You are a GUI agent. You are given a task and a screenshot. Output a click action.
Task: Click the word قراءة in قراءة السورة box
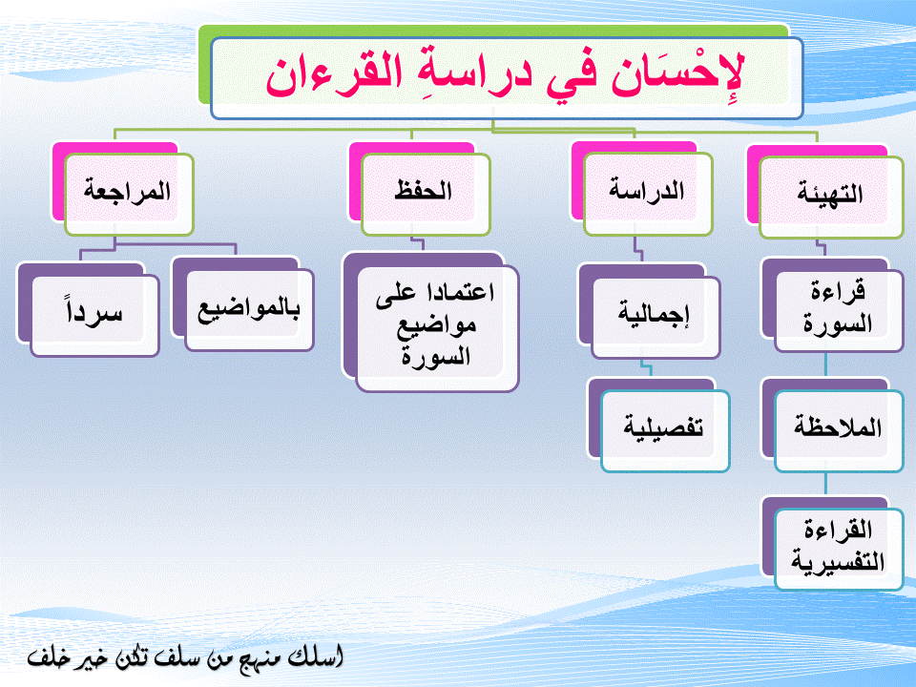tap(837, 292)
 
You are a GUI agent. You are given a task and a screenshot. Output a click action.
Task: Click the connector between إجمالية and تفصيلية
tap(646, 368)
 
